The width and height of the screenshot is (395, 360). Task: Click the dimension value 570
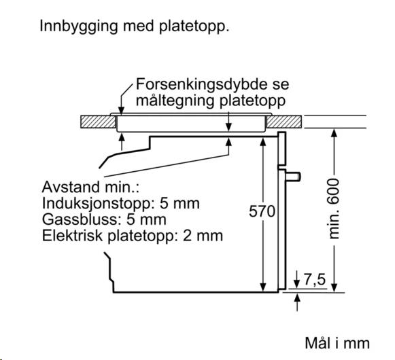(x=262, y=211)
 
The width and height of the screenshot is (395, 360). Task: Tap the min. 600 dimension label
(x=334, y=209)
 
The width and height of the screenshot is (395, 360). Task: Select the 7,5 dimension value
(x=315, y=279)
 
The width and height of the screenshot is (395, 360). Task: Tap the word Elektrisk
(x=73, y=236)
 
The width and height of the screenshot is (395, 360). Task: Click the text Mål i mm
(x=337, y=343)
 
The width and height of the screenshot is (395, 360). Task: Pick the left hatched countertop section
(x=98, y=122)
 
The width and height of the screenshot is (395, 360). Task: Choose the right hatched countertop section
(x=284, y=122)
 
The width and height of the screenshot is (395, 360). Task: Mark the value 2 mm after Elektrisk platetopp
(x=203, y=236)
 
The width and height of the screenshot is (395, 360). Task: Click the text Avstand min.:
(x=90, y=187)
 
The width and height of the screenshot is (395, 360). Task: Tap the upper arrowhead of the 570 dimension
(x=262, y=142)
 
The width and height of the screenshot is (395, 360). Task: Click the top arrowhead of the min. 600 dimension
(x=334, y=133)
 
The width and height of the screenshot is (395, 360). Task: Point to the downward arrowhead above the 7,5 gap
(x=297, y=284)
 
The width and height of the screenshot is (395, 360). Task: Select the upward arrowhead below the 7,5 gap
(x=297, y=298)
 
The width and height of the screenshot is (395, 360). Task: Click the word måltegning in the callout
(x=176, y=101)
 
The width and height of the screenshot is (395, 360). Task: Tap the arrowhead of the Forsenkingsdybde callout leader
(x=121, y=111)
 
